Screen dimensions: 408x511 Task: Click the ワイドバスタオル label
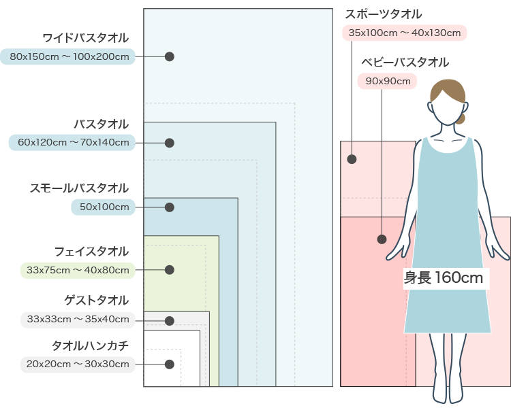pyautogui.click(x=85, y=37)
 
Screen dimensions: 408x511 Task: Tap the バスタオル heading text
pyautogui.click(x=101, y=124)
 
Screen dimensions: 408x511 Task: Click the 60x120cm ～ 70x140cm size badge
pyautogui.click(x=72, y=142)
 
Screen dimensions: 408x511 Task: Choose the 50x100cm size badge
pyautogui.click(x=104, y=207)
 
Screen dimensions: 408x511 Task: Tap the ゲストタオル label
pyautogui.click(x=96, y=301)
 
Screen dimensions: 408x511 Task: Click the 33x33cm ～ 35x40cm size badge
pyautogui.click(x=77, y=319)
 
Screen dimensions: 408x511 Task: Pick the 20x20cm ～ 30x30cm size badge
pyautogui.click(x=77, y=364)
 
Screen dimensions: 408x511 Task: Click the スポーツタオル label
pyautogui.click(x=384, y=14)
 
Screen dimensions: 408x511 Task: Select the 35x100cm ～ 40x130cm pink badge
pyautogui.click(x=407, y=33)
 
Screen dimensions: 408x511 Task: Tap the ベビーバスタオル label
pyautogui.click(x=405, y=63)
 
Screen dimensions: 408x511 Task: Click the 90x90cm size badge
pyautogui.click(x=386, y=82)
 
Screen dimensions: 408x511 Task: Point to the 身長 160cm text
pyautogui.click(x=444, y=277)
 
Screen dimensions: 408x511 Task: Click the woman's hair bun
pyautogui.click(x=461, y=118)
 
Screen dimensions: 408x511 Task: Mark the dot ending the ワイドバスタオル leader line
pyautogui.click(x=170, y=56)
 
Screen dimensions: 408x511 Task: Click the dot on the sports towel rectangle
pyautogui.click(x=352, y=160)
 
